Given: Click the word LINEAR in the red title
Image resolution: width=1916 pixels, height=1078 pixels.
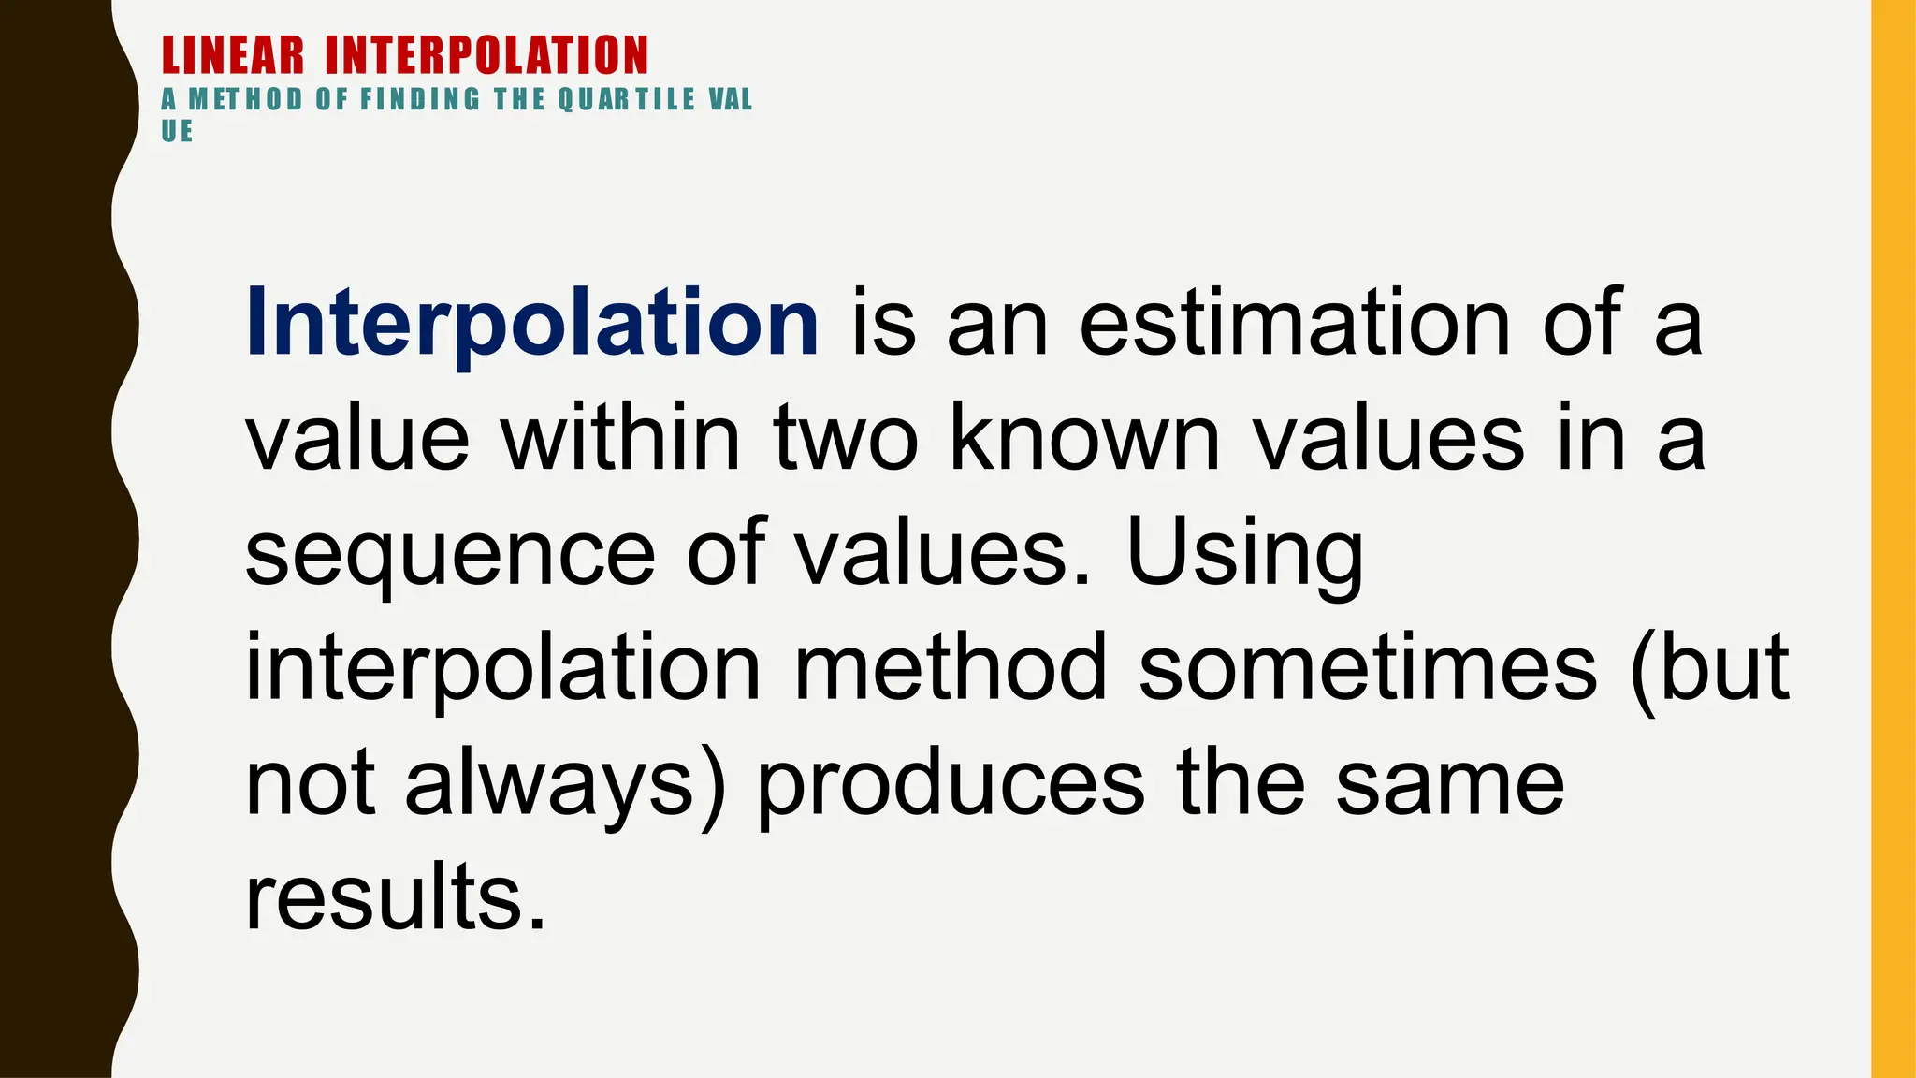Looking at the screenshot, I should coord(233,55).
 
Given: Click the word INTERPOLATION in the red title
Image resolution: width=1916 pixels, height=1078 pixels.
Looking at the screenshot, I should coord(486,55).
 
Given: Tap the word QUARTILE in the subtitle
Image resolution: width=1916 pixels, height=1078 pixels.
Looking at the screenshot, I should coord(627,99).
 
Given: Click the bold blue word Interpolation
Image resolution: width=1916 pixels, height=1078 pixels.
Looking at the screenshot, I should coord(531,323).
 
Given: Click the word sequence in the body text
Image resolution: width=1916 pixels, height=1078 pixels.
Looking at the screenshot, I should coord(449,554).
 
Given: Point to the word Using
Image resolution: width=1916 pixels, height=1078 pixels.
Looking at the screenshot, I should coord(1244,554).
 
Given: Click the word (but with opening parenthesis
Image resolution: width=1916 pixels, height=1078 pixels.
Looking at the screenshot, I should coord(1708,668).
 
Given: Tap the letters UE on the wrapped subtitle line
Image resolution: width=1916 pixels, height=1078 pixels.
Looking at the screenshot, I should coord(177,132).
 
